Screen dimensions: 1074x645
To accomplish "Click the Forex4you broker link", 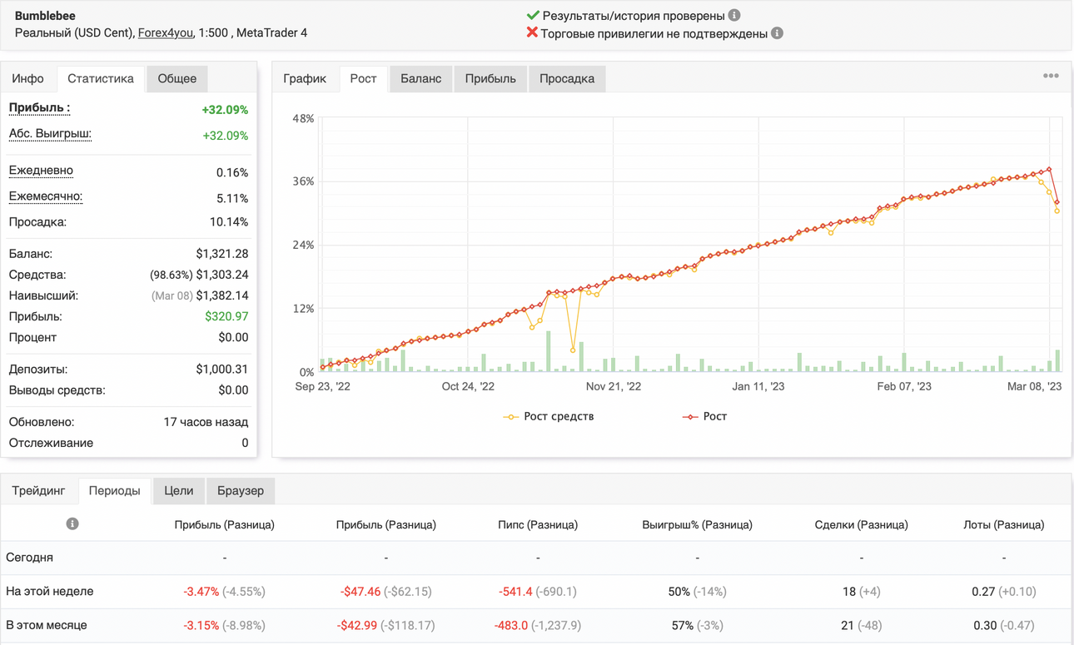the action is pos(166,32).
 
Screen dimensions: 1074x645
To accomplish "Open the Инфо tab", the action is pos(27,78).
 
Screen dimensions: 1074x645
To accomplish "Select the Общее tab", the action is pos(177,78).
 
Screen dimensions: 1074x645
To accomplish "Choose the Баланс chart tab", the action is pos(420,78).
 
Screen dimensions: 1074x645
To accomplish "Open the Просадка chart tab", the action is pos(567,78).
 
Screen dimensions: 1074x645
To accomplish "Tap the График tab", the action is pos(305,78).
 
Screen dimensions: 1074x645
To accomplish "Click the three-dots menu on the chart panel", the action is pos(1051,76).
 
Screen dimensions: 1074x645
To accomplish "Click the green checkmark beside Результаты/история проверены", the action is pos(533,15).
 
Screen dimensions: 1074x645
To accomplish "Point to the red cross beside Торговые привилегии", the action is pos(532,32).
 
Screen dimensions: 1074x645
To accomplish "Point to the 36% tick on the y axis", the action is pos(303,181).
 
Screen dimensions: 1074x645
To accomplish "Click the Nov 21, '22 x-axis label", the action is pos(614,386).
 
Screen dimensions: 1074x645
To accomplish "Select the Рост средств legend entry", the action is pos(548,416).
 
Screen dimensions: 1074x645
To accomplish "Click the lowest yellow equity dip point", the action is pos(573,350).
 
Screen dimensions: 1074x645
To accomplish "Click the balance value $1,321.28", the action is pos(222,254).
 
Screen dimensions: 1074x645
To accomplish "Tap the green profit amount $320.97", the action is pos(226,316).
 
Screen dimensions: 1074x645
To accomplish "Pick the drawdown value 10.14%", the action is pos(229,222).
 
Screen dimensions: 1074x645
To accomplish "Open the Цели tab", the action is pos(178,491).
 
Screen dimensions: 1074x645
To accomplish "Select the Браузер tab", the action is pos(241,491).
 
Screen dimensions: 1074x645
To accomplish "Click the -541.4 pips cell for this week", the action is pos(515,592).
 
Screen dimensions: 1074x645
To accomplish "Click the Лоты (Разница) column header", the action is pos(1003,524).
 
